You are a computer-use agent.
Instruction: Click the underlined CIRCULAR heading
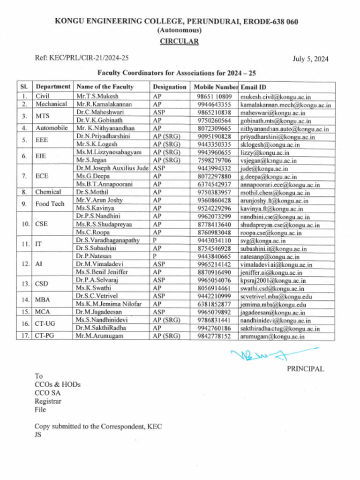point(180,41)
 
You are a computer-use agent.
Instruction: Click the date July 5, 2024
point(310,59)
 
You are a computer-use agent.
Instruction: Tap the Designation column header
point(169,87)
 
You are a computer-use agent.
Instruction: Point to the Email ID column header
point(254,87)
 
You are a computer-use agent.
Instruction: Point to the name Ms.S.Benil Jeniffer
point(102,272)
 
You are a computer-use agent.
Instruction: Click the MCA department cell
point(43,312)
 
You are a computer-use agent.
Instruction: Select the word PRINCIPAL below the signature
point(305,369)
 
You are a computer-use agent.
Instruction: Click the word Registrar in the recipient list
point(48,401)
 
